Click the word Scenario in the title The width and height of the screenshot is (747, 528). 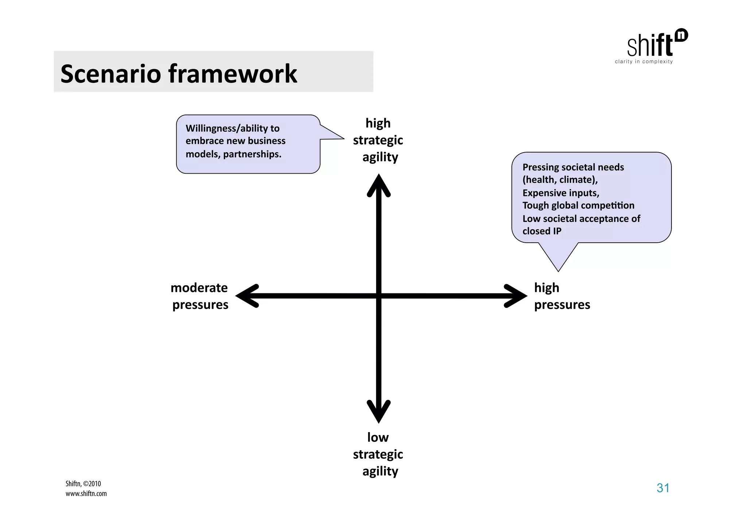pos(111,74)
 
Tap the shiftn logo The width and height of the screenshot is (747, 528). pos(657,44)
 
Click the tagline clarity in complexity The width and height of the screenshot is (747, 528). pos(644,62)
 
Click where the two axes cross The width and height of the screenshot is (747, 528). pos(379,296)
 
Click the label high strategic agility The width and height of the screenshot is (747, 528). pos(378,140)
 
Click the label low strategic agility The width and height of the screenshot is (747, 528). pos(378,454)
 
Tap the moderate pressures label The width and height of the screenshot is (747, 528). pos(200,296)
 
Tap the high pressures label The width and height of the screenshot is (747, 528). pos(562,296)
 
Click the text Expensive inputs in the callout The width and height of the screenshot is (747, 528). pos(561,193)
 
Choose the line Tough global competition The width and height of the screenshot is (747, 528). pos(578,205)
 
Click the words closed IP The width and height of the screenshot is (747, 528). pos(542,231)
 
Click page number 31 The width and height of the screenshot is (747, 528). pos(663,488)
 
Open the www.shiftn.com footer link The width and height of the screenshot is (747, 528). pos(86,494)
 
